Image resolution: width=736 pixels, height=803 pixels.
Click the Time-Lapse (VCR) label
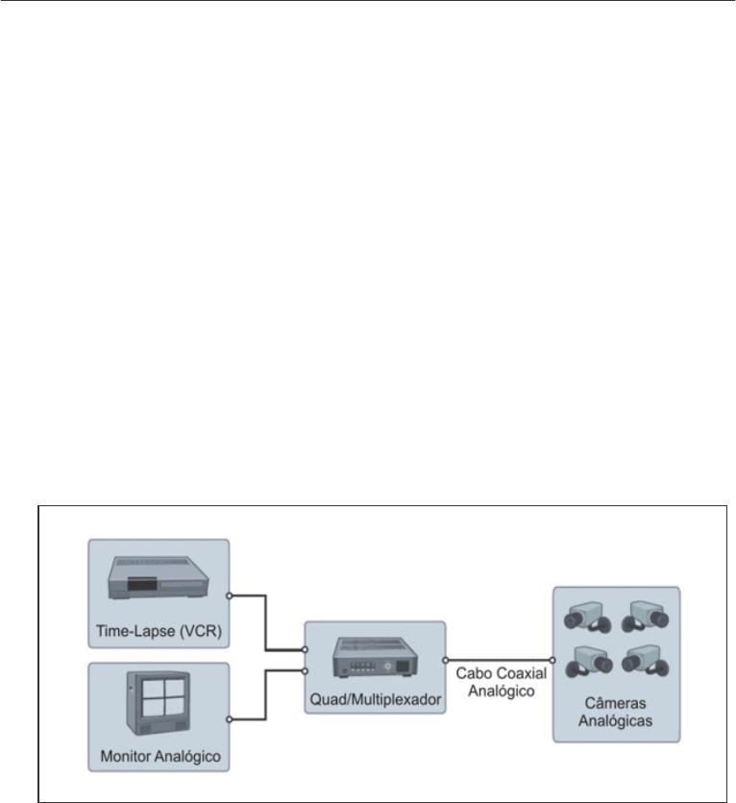[159, 631]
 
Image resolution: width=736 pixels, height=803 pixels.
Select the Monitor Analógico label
[159, 757]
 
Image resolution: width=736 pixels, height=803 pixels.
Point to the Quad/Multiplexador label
[375, 700]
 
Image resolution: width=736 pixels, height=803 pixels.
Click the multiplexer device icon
[375, 657]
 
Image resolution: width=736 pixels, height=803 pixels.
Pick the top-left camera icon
[589, 616]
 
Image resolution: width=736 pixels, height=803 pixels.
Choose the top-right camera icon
[645, 616]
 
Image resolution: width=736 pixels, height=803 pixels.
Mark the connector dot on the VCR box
[230, 595]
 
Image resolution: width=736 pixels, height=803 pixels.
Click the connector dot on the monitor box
[230, 718]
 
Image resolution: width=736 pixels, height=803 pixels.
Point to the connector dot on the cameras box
[552, 661]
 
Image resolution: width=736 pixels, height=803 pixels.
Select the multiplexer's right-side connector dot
[445, 661]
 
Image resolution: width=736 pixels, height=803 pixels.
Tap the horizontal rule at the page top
[368, 1]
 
